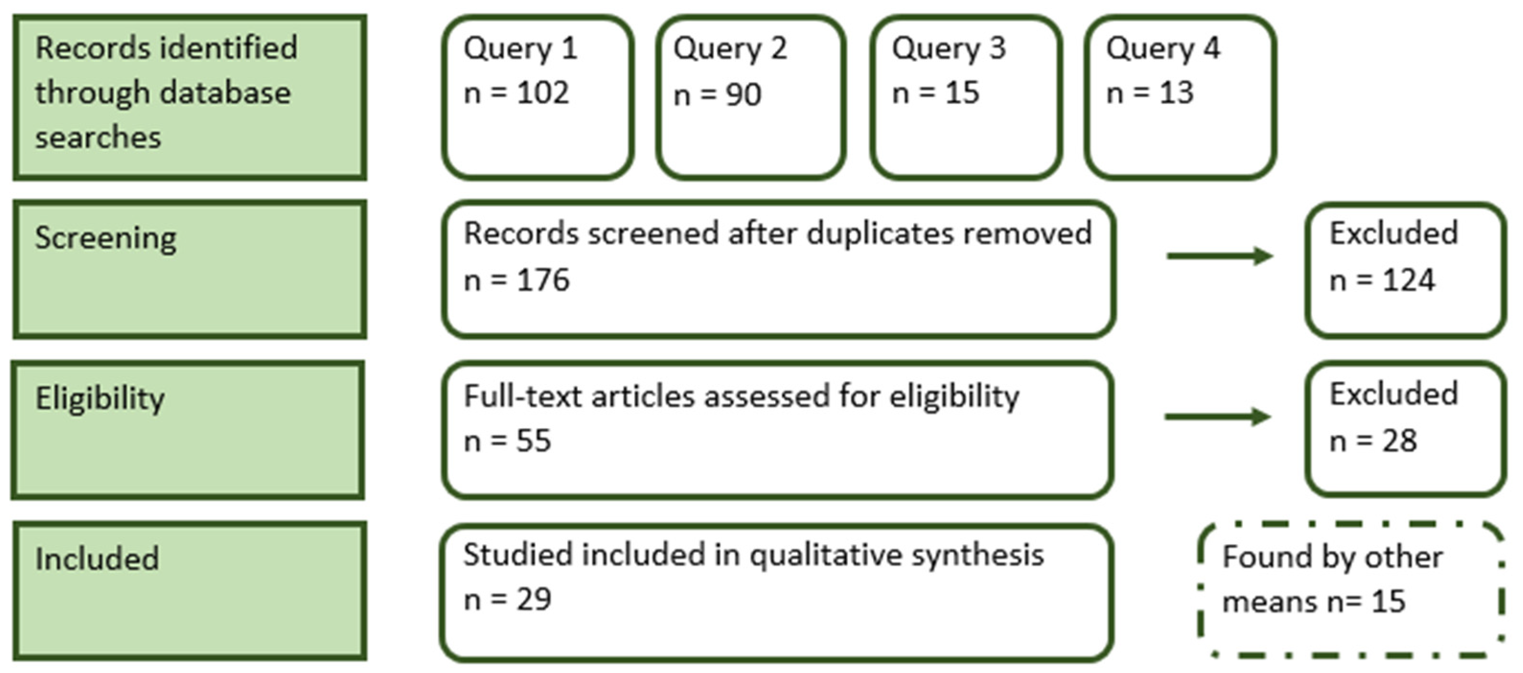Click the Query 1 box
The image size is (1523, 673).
click(x=538, y=98)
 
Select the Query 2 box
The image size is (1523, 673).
click(x=750, y=98)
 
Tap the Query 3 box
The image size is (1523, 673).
click(x=965, y=98)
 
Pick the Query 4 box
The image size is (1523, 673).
click(x=1179, y=98)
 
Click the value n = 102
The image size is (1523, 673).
click(x=516, y=93)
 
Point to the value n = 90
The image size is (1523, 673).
click(x=717, y=94)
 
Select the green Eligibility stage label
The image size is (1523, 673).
click(x=188, y=430)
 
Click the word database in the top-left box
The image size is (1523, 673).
click(x=225, y=93)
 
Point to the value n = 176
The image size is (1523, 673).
click(x=516, y=280)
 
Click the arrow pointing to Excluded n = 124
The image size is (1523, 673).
click(x=1219, y=256)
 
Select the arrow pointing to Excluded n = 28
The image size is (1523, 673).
click(x=1217, y=417)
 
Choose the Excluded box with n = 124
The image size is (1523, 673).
click(x=1405, y=270)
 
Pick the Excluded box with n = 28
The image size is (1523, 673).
click(x=1405, y=429)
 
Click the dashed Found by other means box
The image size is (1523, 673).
click(x=1351, y=589)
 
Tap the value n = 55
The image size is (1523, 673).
click(x=507, y=441)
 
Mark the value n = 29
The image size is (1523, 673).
click(x=507, y=600)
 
